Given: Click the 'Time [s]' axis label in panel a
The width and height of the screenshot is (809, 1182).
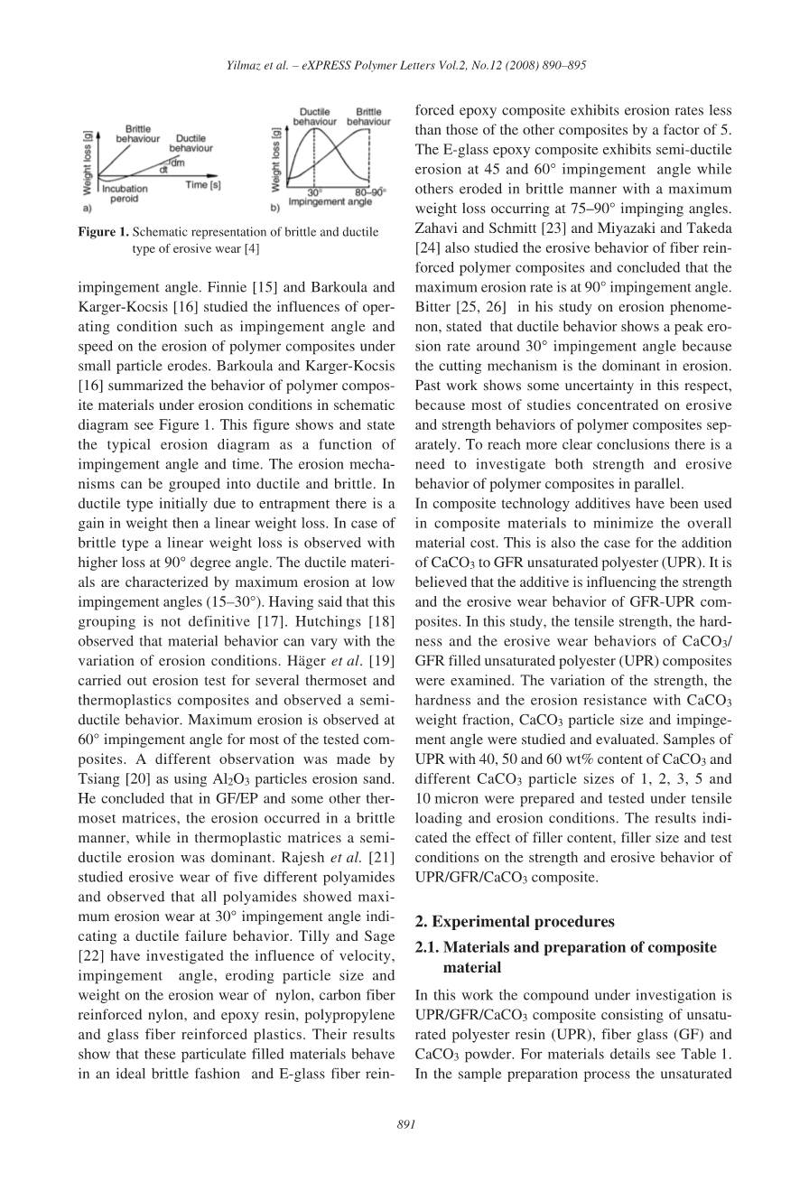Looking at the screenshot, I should [x=203, y=184].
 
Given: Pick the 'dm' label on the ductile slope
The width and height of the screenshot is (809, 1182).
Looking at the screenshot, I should [x=178, y=162].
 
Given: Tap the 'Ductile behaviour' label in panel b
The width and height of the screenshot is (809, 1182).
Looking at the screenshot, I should [x=315, y=116].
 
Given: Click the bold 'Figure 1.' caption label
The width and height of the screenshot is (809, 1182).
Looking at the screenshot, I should [x=104, y=232].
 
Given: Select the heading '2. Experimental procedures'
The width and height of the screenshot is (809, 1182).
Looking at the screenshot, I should [x=514, y=922].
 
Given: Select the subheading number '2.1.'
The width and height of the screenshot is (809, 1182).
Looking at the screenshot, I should [x=427, y=947].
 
